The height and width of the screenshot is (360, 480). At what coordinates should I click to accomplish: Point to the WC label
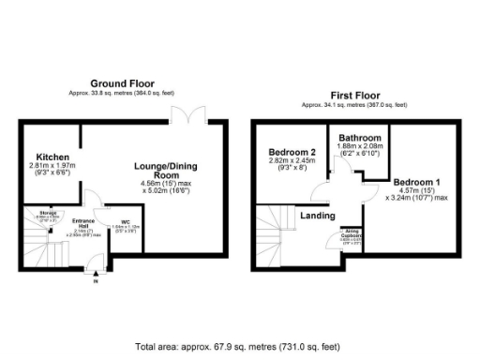(125, 222)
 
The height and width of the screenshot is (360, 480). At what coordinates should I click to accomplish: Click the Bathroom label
(360, 137)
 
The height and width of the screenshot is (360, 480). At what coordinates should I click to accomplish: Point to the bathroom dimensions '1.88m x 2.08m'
(360, 146)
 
